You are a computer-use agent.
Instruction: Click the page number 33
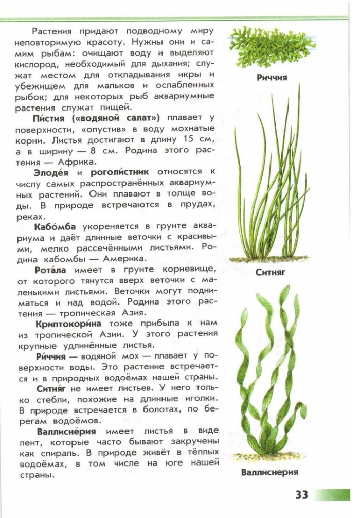301,495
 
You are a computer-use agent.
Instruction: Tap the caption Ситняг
270,272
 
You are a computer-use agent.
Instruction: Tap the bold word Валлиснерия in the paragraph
66,431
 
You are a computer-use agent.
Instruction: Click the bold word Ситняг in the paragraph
52,388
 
